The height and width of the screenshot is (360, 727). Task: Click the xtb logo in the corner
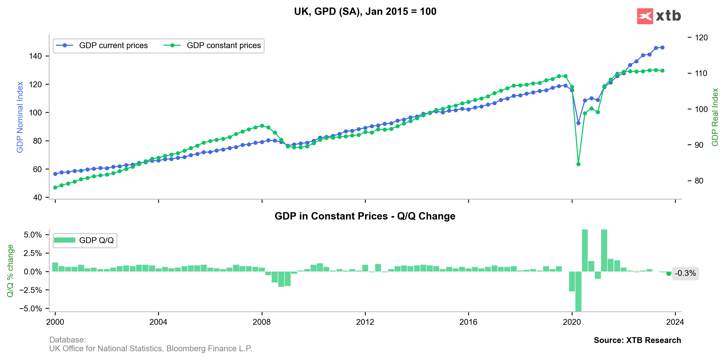pos(659,16)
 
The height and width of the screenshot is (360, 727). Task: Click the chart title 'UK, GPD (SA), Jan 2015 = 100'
pos(365,12)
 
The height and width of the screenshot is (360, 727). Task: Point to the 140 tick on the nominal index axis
pos(35,56)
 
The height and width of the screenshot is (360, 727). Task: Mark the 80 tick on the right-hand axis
pos(699,181)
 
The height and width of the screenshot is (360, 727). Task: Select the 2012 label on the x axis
pos(365,322)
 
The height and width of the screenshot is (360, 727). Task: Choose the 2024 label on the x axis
pos(675,322)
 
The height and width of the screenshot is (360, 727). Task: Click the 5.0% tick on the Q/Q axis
pos(33,235)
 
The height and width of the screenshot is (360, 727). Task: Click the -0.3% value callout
pos(685,273)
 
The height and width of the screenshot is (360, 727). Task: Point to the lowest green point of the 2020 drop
pos(578,164)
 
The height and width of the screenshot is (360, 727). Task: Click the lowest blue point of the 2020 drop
pos(578,123)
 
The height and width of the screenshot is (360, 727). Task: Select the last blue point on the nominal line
pos(662,47)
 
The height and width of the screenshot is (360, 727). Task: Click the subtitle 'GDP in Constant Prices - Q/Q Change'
pos(365,216)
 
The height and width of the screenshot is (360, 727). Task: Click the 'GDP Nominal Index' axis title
pos(20,117)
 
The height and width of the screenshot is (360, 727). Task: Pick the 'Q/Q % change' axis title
pos(10,271)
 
